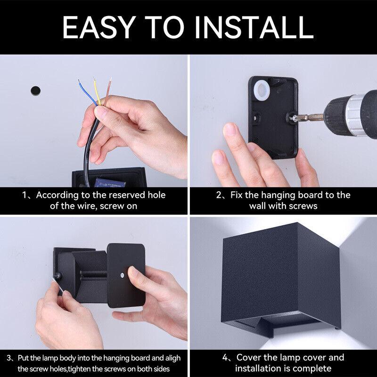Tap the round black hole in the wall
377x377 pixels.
click(34, 90)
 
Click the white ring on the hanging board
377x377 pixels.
click(262, 89)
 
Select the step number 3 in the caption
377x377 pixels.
click(10, 358)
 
